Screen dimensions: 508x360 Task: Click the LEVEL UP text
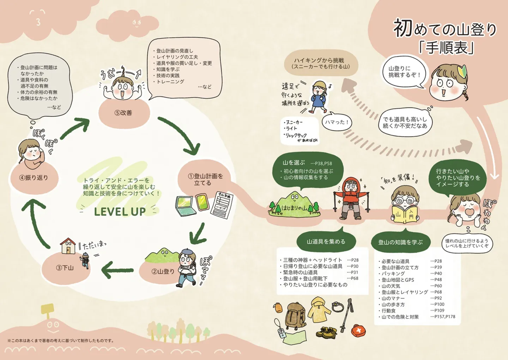(x=120, y=212)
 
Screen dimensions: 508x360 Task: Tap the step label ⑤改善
(x=123, y=113)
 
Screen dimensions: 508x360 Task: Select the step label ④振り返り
(x=34, y=178)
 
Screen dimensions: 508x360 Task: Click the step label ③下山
(x=65, y=268)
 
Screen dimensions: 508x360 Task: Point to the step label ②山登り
(x=163, y=271)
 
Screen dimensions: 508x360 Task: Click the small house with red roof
(x=68, y=246)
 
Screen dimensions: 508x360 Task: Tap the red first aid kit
(x=358, y=330)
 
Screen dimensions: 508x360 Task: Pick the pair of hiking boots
(x=326, y=332)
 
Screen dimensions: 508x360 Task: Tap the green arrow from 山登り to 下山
(x=117, y=270)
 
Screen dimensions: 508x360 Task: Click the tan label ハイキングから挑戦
(x=321, y=63)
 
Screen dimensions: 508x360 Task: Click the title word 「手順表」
(x=446, y=48)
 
